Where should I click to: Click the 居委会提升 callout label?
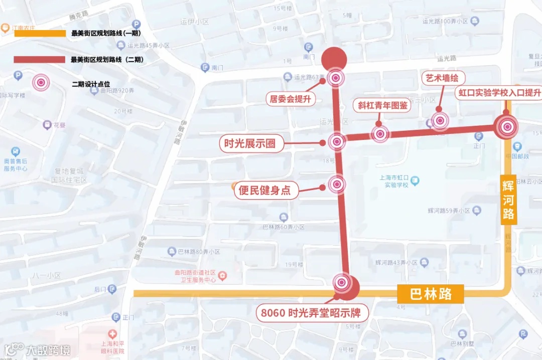(x=291, y=99)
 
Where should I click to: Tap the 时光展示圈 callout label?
(x=247, y=144)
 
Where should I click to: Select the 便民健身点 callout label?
(x=264, y=190)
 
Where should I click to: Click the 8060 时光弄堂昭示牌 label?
(x=313, y=313)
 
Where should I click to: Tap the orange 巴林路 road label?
(x=431, y=294)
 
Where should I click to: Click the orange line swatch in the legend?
(x=40, y=34)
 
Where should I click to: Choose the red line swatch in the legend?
(x=40, y=60)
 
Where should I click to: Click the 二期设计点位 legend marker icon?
(x=41, y=83)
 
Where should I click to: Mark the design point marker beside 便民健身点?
(x=337, y=185)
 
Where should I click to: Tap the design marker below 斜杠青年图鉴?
(x=380, y=134)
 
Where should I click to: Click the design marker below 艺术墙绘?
(x=440, y=120)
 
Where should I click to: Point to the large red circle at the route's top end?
(x=334, y=59)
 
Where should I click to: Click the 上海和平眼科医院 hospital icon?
(x=112, y=333)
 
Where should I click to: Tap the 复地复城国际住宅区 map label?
(x=70, y=175)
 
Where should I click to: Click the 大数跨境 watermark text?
(x=48, y=349)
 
